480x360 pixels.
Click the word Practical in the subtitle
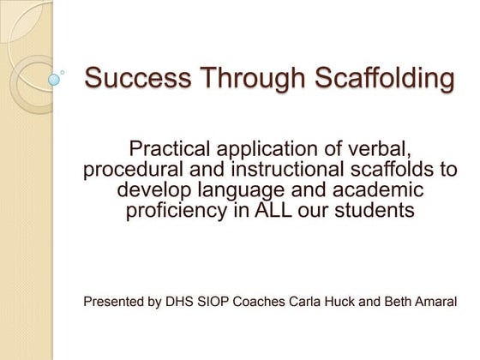coord(172,147)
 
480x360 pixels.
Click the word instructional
coord(274,168)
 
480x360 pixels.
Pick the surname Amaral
coord(435,302)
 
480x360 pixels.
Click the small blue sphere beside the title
coord(55,79)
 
